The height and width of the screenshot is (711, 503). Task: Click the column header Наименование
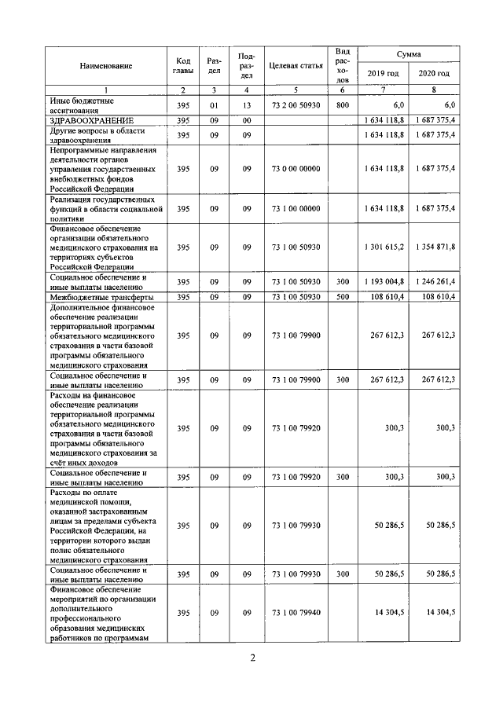[x=105, y=67]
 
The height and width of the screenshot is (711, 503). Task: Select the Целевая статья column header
[x=296, y=67]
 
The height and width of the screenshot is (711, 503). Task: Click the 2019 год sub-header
[x=384, y=74]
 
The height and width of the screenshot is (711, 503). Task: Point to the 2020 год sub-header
[x=434, y=74]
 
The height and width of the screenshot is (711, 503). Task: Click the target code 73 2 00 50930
[x=296, y=104]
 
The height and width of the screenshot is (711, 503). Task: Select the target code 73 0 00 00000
[x=296, y=168]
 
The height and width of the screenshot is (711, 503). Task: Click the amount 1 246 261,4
[x=434, y=281]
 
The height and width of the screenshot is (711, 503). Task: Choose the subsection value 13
[x=246, y=104]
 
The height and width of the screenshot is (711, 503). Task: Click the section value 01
[x=213, y=104]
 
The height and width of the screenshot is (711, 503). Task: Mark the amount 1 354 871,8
[x=434, y=247]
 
